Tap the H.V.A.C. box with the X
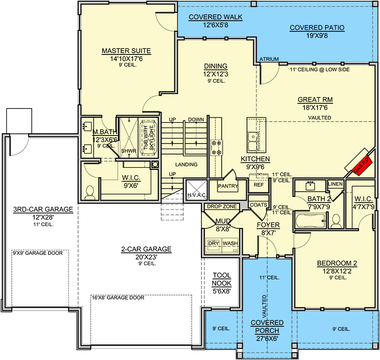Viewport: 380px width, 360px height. (x=197, y=190)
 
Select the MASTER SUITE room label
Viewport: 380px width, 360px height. (x=126, y=51)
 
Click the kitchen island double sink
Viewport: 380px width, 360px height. (x=253, y=141)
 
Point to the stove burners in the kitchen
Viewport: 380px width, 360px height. (x=216, y=148)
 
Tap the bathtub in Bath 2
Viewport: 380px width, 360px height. (x=311, y=221)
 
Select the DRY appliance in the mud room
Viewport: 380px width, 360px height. (x=214, y=246)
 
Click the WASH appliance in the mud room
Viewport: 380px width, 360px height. (x=230, y=246)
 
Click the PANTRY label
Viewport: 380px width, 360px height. (x=228, y=186)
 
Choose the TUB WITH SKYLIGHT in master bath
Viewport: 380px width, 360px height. (x=148, y=138)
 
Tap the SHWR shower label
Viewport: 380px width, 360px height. (x=129, y=151)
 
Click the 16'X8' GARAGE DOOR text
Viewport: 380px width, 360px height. (x=118, y=298)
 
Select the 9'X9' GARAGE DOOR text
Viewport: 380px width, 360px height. (x=38, y=253)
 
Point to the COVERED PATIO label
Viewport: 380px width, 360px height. (x=317, y=27)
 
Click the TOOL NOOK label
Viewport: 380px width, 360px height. (x=222, y=279)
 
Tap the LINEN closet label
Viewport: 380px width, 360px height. (x=335, y=184)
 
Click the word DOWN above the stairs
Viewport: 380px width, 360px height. (x=196, y=119)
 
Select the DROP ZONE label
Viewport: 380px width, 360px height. (x=222, y=206)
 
